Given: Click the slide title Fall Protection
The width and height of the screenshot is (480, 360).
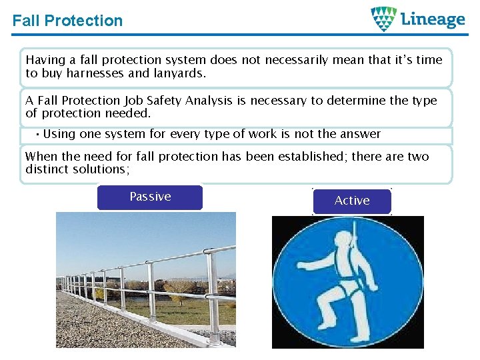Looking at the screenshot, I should pos(67,21).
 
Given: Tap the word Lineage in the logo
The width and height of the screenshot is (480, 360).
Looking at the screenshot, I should pos(433,19).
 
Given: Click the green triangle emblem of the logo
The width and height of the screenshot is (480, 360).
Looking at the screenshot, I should pos(383,19).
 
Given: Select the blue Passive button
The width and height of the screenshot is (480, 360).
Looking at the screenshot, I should pos(150,197).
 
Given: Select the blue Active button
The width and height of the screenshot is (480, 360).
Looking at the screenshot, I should pos(352,201).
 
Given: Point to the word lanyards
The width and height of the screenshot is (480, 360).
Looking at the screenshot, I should pos(181,73).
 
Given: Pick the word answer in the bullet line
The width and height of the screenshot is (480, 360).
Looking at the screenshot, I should pos(361,134).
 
